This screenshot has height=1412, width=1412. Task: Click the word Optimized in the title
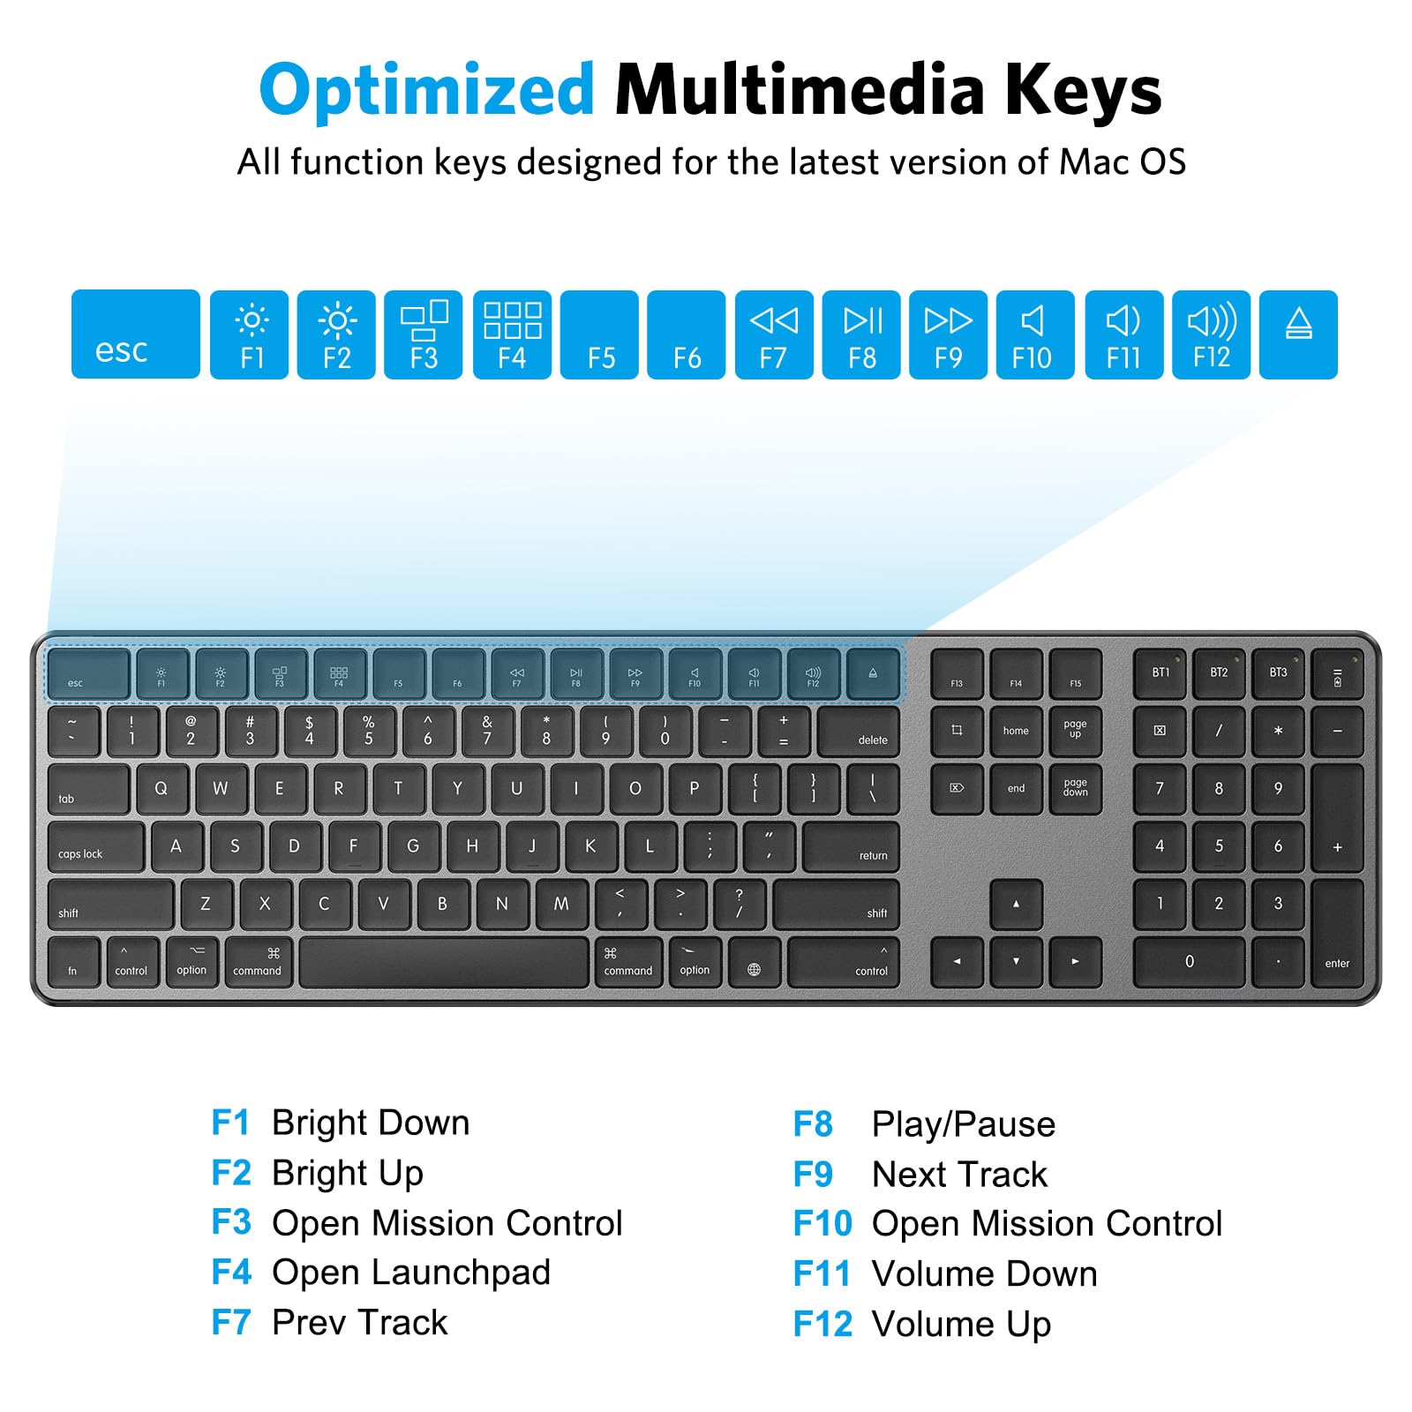pos(427,91)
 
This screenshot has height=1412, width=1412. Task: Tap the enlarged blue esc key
pos(135,334)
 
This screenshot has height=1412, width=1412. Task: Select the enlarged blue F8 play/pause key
pos(861,335)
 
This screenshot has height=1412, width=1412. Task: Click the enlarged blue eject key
pos(1298,335)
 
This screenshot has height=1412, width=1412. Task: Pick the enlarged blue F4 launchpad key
pos(512,335)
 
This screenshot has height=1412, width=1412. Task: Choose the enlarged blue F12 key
pos(1211,335)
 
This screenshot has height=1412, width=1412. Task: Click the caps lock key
pos(95,847)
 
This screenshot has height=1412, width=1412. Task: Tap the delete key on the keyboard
pos(858,732)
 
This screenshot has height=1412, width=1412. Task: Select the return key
pos(851,847)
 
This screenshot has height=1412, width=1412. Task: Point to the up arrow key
pos(1016,905)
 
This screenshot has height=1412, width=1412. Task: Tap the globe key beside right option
pos(754,963)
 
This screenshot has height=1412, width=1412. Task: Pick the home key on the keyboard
pos(1016,731)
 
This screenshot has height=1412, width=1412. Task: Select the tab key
pos(88,789)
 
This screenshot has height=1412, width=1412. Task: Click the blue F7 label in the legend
pos(231,1322)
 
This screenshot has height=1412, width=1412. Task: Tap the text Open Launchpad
pos(411,1273)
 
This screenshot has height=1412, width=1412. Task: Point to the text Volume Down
pos(984,1273)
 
